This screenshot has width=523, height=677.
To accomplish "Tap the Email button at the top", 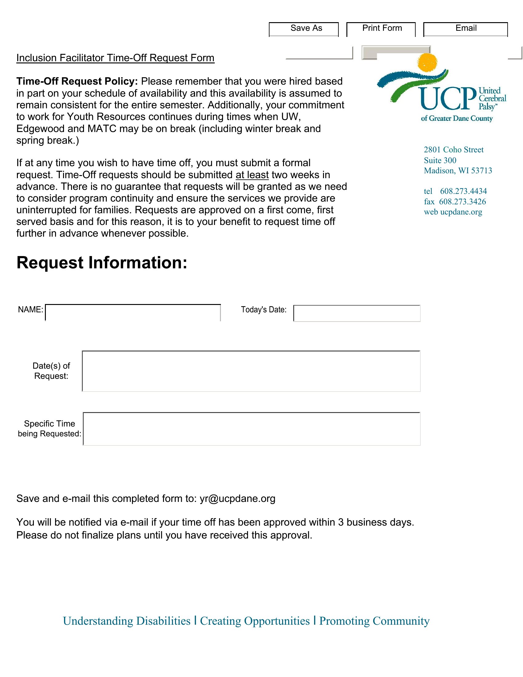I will (465, 29).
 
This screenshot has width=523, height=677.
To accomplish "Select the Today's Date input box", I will (357, 313).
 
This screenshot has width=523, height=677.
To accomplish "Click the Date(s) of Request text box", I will (251, 371).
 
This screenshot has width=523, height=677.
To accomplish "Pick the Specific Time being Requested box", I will (252, 429).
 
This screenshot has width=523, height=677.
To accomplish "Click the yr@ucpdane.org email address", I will (237, 499).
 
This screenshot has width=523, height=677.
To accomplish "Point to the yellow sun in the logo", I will (427, 62).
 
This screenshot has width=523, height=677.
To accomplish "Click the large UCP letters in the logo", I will (448, 98).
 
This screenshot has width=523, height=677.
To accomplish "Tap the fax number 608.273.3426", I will (462, 202).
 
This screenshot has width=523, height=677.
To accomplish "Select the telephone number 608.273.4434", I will (463, 191).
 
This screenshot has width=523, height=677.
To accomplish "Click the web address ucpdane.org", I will (461, 212).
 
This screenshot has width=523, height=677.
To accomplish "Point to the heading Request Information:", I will (102, 263).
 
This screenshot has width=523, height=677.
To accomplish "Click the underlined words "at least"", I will (252, 175).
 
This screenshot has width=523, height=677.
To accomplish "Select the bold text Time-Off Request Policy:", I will (77, 81).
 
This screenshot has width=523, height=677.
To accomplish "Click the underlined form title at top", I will (115, 58).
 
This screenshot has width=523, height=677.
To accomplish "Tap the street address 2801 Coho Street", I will (453, 150).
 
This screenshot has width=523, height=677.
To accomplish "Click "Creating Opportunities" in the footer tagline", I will (255, 621).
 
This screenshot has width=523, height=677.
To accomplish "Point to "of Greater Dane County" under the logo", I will (456, 118).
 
